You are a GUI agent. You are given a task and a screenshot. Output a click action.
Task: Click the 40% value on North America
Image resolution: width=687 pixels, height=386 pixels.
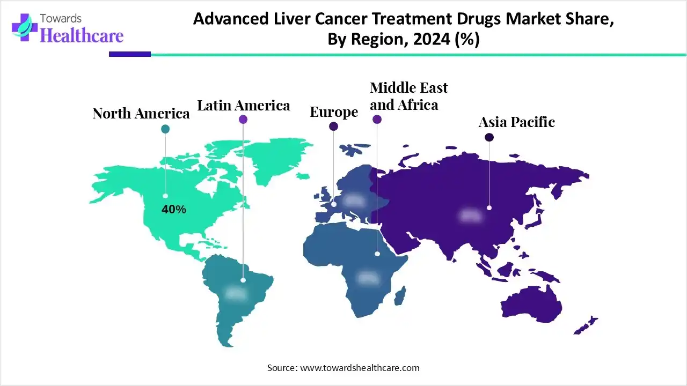coord(174,210)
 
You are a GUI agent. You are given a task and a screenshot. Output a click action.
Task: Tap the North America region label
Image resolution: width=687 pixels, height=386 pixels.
coord(141,114)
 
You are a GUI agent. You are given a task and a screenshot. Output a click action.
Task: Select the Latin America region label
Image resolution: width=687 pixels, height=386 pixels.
coord(243,106)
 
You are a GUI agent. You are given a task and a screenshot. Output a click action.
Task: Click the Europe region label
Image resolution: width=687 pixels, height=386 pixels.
coord(334,112)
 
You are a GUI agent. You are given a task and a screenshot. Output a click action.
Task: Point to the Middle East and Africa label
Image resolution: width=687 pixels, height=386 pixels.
coord(408,96)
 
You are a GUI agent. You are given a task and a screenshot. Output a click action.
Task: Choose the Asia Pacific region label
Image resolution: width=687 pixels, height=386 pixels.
coord(516,122)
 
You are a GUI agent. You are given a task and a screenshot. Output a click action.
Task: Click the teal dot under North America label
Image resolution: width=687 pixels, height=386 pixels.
coord(165,129)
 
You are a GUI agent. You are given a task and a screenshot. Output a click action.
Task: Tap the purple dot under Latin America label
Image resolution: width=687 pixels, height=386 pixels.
coord(243,120)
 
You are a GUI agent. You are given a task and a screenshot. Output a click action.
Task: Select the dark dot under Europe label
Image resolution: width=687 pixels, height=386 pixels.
coord(334,127)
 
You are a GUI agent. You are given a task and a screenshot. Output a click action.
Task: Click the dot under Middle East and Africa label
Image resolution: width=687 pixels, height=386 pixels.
coord(377,120)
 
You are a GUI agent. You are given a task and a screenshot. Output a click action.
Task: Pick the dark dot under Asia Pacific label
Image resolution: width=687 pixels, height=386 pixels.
coord(489,138)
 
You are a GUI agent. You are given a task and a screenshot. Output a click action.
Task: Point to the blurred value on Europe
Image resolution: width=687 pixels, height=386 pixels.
coord(353,201)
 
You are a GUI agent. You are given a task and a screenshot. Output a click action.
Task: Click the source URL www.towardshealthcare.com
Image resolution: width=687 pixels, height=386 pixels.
coord(359,368)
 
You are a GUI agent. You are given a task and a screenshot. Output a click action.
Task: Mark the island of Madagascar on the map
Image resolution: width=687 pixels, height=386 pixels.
coord(400,295)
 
